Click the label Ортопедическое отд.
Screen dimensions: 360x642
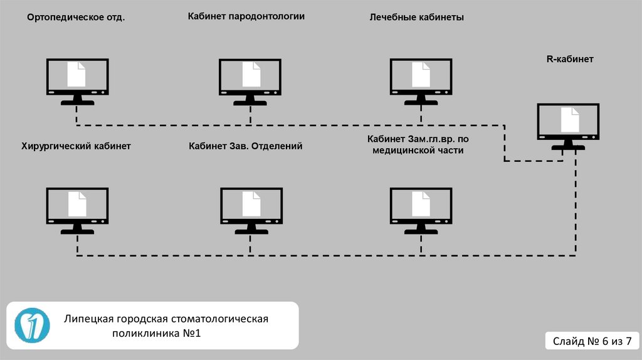[x=76, y=18]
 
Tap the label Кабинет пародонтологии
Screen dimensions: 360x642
[x=246, y=16]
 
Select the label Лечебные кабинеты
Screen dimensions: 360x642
[x=417, y=18]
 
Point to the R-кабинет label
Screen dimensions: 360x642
[x=570, y=59]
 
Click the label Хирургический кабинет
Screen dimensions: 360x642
[x=76, y=146]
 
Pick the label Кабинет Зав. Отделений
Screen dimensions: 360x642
[x=246, y=146]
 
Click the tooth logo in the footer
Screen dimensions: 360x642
[x=32, y=325]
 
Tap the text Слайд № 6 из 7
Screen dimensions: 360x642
[x=592, y=341]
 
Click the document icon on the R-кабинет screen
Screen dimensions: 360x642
[x=569, y=119]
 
